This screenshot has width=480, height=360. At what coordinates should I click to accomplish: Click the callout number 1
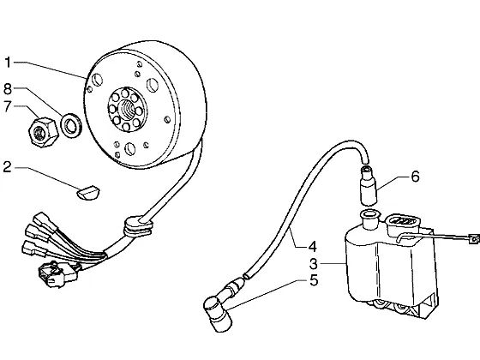[8, 63]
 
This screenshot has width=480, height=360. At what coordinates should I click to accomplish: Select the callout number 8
[8, 89]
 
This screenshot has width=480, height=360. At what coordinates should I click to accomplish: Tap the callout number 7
[8, 106]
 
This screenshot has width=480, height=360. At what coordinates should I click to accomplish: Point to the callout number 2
[8, 167]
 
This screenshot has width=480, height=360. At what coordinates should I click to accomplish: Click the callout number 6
[415, 177]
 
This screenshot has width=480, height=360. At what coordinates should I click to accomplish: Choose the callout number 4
[312, 247]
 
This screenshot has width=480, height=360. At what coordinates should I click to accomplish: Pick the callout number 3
[314, 263]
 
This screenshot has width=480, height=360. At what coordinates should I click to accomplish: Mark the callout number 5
[314, 280]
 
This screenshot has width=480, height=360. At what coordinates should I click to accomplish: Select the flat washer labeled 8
[71, 124]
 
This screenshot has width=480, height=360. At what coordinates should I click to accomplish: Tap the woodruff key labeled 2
[87, 194]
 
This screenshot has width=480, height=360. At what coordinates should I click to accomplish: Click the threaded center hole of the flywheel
[128, 110]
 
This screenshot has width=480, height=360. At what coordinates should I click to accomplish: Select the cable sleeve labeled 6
[369, 185]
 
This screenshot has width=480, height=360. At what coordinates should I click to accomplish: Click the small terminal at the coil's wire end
[473, 239]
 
